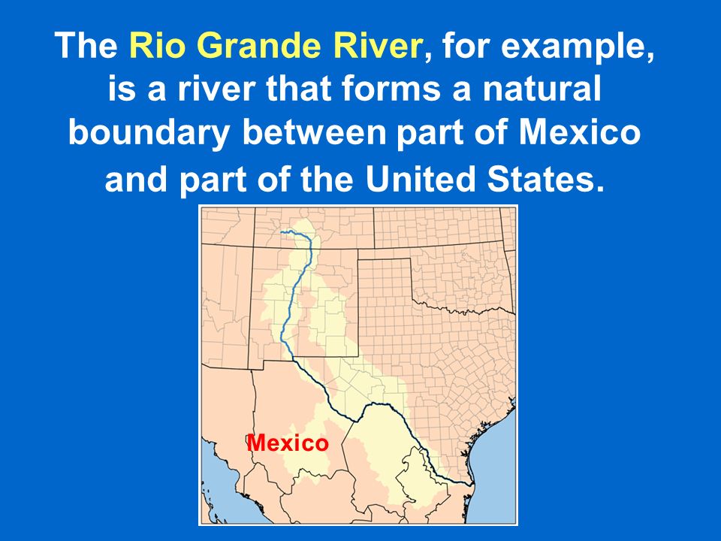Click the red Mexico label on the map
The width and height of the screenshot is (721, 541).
tap(288, 443)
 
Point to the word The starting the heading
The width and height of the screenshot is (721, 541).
tap(86, 45)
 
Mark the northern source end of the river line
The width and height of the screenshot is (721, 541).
tap(281, 232)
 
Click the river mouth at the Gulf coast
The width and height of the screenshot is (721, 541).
tap(470, 483)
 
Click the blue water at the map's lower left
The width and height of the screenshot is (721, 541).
tap(221, 488)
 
